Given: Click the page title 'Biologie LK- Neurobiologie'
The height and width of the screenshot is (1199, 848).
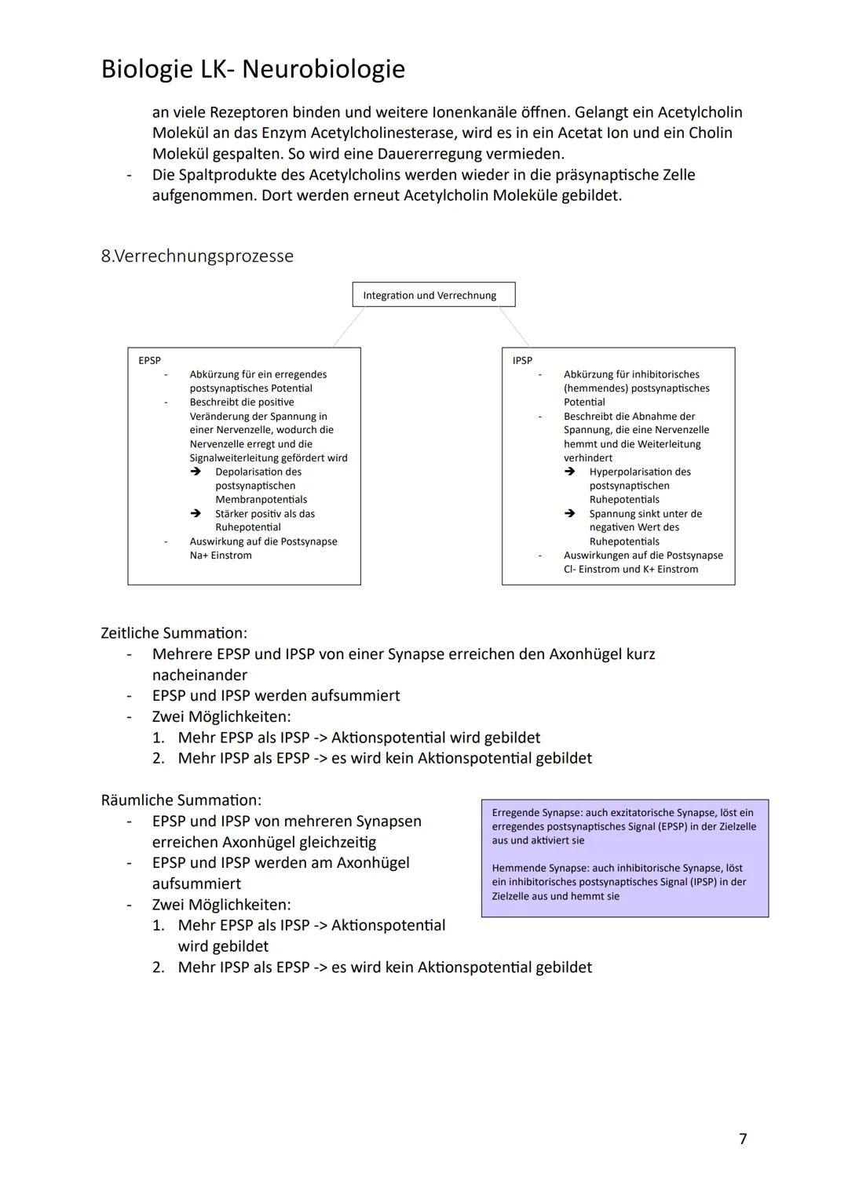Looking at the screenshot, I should click(x=253, y=69).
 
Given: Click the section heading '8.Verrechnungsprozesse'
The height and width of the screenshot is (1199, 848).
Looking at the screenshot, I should click(x=197, y=256).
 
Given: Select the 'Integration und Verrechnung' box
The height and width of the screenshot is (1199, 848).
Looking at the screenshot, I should click(x=433, y=295).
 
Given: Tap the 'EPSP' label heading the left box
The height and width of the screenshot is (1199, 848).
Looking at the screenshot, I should click(x=149, y=361).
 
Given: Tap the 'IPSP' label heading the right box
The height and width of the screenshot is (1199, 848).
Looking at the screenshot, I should click(x=522, y=361).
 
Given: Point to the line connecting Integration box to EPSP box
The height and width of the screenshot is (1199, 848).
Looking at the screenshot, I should click(x=348, y=326).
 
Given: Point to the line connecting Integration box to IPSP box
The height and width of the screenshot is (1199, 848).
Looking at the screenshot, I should click(x=514, y=326).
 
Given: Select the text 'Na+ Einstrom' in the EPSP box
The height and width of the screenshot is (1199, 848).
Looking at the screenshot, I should click(x=221, y=556).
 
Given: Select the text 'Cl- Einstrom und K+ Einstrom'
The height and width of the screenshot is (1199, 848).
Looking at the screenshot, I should click(x=631, y=570).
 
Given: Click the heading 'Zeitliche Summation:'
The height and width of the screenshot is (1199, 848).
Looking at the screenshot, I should click(x=174, y=633).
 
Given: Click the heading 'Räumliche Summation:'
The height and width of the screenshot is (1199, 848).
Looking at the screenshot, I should click(x=181, y=800).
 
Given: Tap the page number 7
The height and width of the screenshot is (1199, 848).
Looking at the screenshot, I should click(x=743, y=1139).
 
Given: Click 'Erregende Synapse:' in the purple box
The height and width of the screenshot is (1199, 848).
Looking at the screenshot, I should click(x=537, y=813).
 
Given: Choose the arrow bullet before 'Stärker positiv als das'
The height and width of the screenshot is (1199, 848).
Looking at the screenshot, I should click(x=196, y=514).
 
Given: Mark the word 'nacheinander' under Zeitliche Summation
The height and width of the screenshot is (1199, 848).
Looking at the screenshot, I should click(x=199, y=675).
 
